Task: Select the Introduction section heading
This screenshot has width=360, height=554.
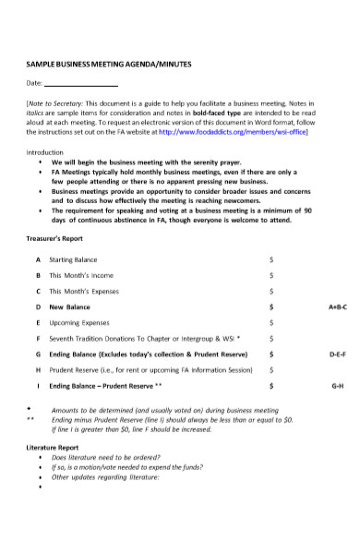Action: (44, 151)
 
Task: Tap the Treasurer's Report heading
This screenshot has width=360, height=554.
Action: (53, 238)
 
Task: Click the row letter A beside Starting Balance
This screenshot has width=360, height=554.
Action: (37, 259)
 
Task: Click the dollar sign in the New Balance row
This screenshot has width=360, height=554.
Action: (270, 307)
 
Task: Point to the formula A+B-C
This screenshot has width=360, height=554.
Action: (337, 307)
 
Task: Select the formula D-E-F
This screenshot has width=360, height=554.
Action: (337, 354)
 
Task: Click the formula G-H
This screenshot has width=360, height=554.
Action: (337, 385)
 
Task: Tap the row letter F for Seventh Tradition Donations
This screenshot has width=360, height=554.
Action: (37, 338)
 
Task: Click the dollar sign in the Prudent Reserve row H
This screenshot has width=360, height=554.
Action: (270, 369)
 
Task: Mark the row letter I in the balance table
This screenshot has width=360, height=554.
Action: (37, 385)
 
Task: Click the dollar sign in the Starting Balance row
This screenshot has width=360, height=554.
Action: (270, 259)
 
